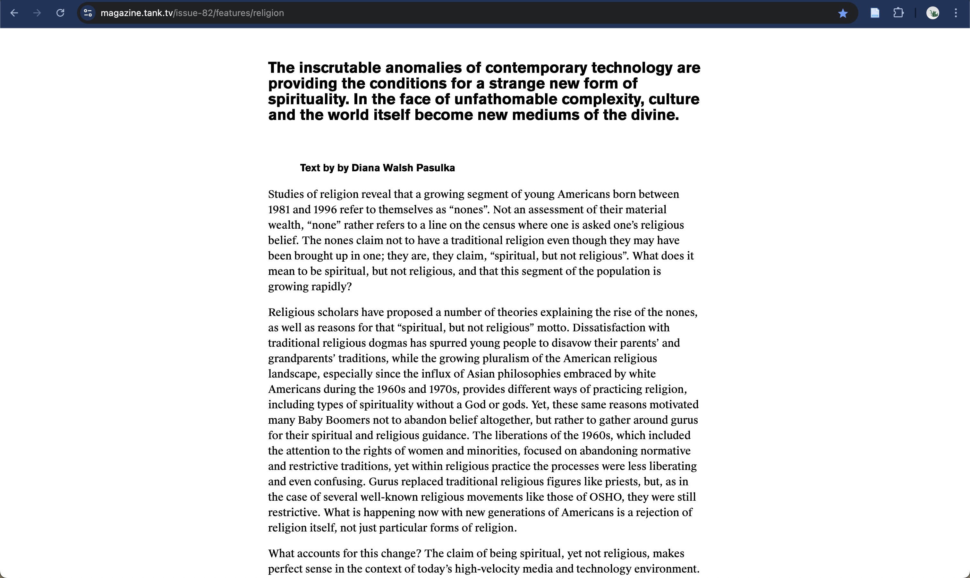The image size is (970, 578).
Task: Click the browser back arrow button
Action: click(x=14, y=13)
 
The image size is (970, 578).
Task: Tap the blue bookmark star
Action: click(x=843, y=13)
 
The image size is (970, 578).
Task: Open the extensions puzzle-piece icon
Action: click(x=898, y=13)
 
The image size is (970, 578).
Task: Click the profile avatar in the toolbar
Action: click(x=932, y=13)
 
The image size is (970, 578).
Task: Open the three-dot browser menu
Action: click(x=956, y=13)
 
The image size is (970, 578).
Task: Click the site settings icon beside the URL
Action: click(x=88, y=13)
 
